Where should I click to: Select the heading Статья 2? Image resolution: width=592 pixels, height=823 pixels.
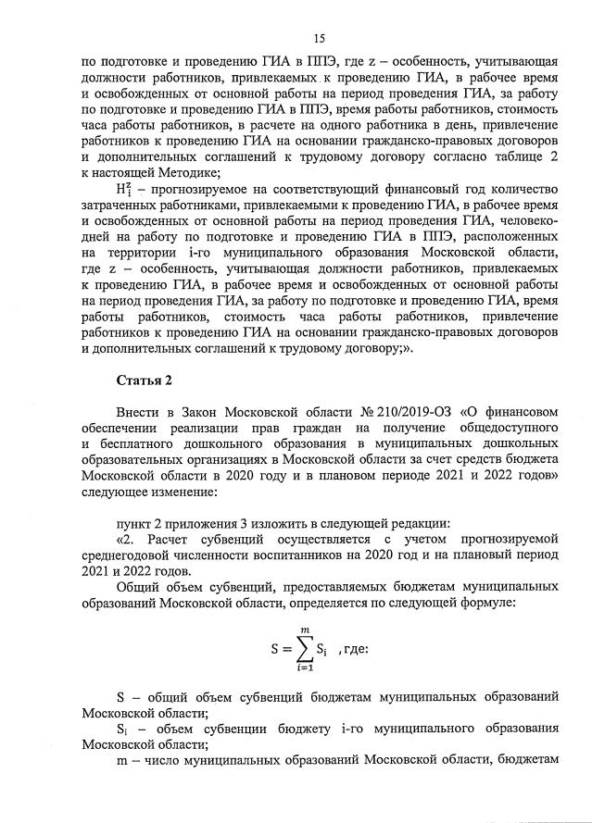[x=145, y=380]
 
